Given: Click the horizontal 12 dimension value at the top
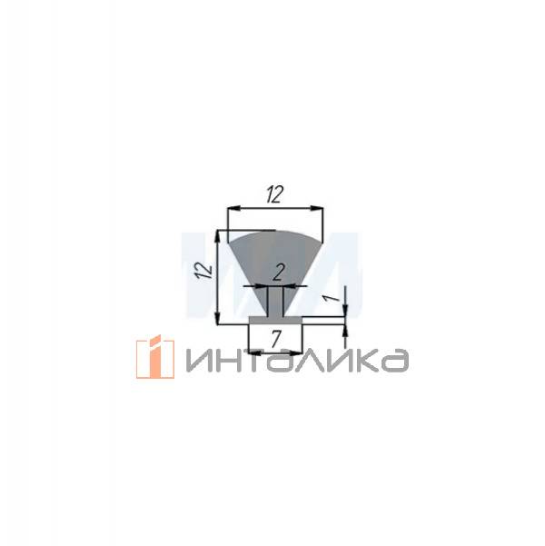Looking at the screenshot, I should (273, 194).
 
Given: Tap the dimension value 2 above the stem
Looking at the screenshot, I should (278, 271).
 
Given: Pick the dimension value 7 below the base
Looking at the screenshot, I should (275, 341).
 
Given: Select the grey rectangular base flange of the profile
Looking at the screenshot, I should (275, 320).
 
